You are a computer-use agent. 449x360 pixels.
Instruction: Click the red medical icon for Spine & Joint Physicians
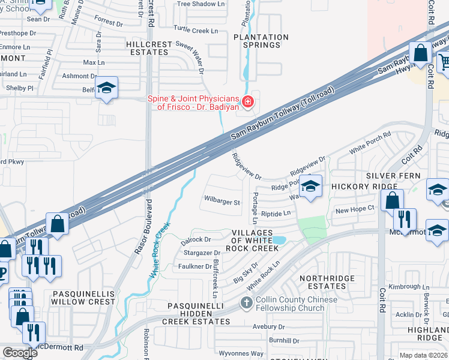click(x=247, y=103)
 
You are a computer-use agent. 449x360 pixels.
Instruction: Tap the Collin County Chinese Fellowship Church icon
click(x=246, y=304)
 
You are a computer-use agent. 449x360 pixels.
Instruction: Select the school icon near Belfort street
click(x=106, y=89)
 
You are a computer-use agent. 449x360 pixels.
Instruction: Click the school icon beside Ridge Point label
click(x=310, y=187)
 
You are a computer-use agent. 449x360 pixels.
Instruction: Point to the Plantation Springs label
click(x=261, y=41)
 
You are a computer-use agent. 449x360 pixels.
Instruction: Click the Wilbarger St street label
click(x=221, y=202)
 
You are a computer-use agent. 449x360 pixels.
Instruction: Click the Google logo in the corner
click(x=20, y=353)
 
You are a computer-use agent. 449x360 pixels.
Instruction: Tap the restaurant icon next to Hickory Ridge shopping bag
click(x=406, y=219)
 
